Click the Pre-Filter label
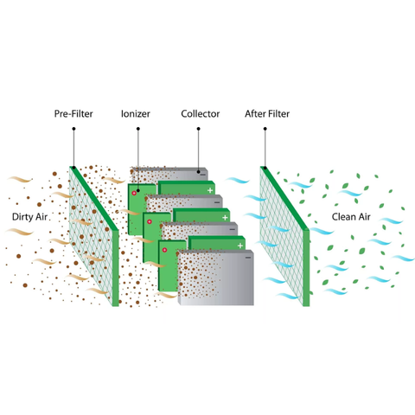point(73,114)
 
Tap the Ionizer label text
point(136,114)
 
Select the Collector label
point(201,114)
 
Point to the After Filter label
point(267,114)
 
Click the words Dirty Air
point(29,217)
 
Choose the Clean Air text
point(351,217)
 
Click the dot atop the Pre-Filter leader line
point(73,129)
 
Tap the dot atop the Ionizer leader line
point(138,129)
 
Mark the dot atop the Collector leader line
point(198,129)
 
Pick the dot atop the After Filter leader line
point(265,129)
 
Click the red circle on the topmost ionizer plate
point(134,193)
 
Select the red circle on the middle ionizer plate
point(150,221)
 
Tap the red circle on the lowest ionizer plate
point(164,250)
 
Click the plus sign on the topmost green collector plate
point(210,190)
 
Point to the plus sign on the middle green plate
point(225,218)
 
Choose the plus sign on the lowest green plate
point(240,246)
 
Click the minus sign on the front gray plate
point(248,258)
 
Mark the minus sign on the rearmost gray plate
point(203,175)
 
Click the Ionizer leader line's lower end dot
point(138,190)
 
